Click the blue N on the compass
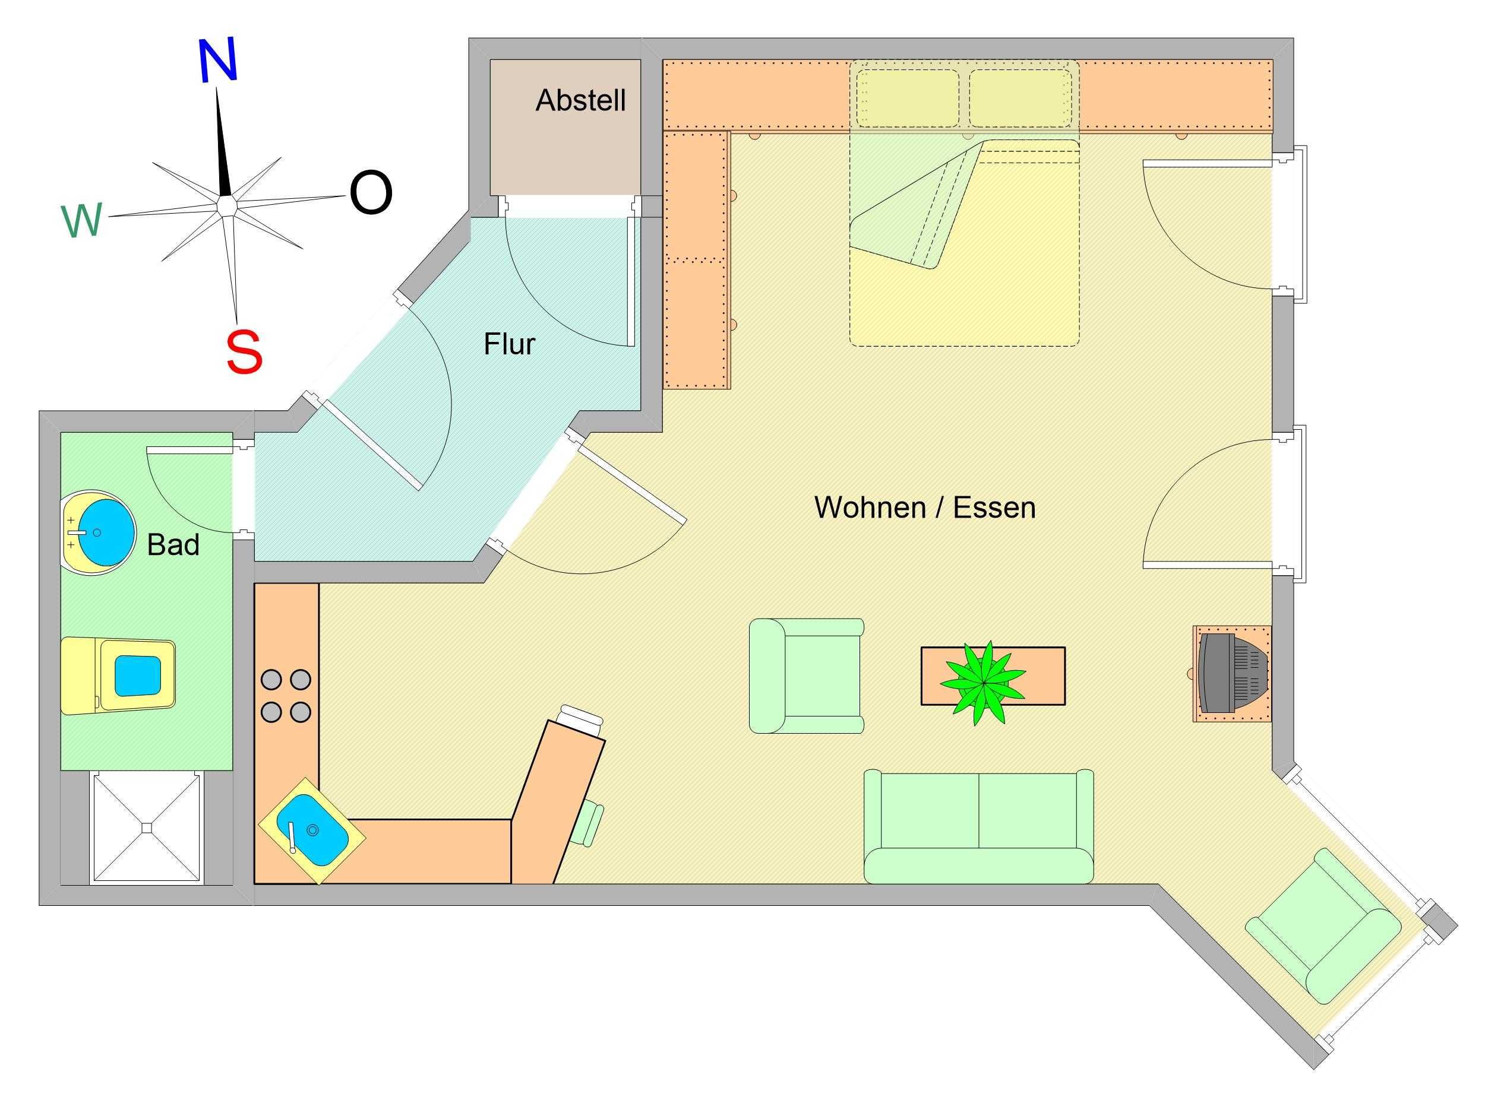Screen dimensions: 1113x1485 218,61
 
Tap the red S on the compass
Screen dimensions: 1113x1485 244,353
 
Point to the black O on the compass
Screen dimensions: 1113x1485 371,192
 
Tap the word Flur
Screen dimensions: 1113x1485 510,344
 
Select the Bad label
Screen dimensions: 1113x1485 173,545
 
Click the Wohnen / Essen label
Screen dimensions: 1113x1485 925,508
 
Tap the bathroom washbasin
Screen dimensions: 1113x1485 98,532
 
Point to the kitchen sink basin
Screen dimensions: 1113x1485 313,830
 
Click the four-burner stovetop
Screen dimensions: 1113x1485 286,695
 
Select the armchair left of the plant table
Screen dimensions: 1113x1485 806,676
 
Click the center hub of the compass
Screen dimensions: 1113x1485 226,204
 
